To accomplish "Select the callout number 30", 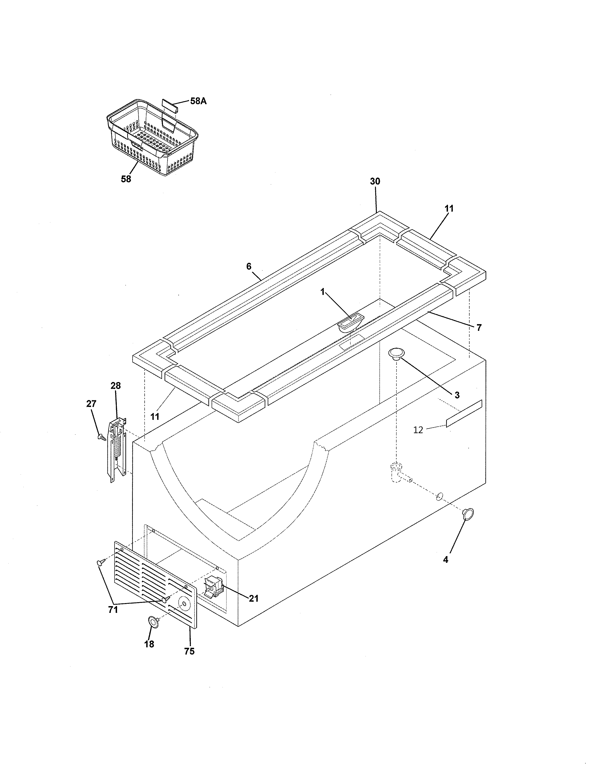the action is (x=375, y=181).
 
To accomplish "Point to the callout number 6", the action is (x=249, y=266).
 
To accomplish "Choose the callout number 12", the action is (x=418, y=430).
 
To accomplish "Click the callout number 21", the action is (x=254, y=598).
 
